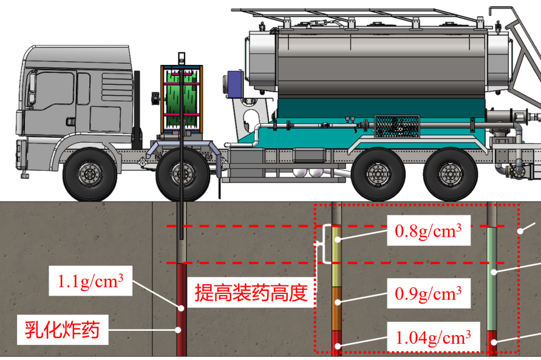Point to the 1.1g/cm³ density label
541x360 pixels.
point(91,281)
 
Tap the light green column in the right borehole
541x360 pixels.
point(492,279)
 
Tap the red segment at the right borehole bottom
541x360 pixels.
point(492,343)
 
